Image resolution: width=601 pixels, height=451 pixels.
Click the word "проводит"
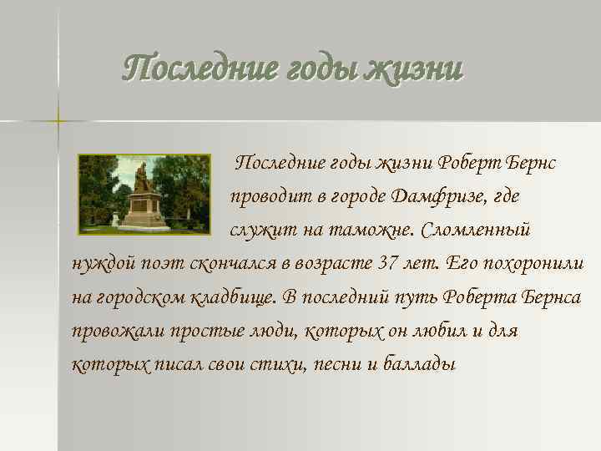click(x=268, y=195)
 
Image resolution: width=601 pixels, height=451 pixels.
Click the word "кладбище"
click(x=241, y=297)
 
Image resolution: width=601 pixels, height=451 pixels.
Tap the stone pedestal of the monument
click(x=143, y=210)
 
